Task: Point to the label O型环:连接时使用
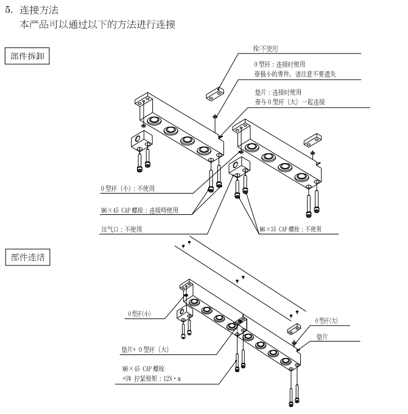(x=280, y=64)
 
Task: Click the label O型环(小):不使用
(x=128, y=189)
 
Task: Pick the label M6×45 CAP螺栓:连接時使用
(x=139, y=210)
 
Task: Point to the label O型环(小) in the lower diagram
(x=139, y=314)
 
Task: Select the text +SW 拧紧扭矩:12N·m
(x=153, y=378)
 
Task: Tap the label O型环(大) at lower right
(x=326, y=320)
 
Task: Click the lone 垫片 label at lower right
(x=323, y=336)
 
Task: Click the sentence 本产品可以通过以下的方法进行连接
(x=98, y=24)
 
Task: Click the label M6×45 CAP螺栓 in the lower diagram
(x=144, y=369)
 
